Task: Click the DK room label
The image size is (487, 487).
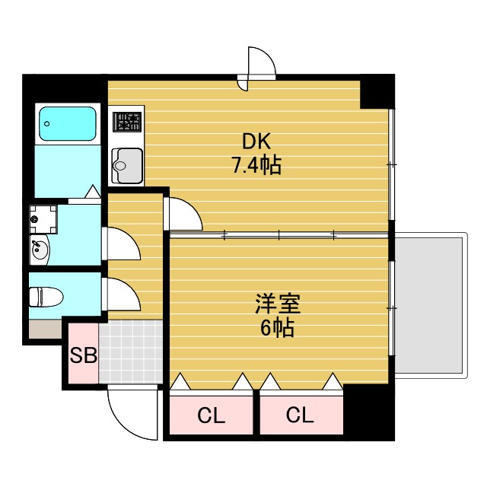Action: [x=256, y=142]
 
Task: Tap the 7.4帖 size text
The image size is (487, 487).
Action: [x=256, y=165]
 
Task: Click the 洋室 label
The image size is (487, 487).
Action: [x=278, y=304]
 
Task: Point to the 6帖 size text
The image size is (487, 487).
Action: [x=277, y=328]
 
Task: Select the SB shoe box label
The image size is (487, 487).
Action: [x=83, y=355]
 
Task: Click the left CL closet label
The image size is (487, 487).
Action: [x=212, y=415]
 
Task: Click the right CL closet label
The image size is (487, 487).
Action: [x=300, y=415]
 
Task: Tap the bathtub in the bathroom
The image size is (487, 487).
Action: [x=68, y=123]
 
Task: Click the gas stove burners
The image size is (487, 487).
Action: [x=127, y=122]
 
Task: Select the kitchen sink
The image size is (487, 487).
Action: [x=127, y=166]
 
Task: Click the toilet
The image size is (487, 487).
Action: [x=46, y=297]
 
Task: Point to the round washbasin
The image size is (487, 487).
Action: [x=40, y=250]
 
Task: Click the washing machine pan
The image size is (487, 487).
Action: [x=43, y=219]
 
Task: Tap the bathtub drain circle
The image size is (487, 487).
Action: [x=47, y=123]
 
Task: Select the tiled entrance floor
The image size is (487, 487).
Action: [x=131, y=352]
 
